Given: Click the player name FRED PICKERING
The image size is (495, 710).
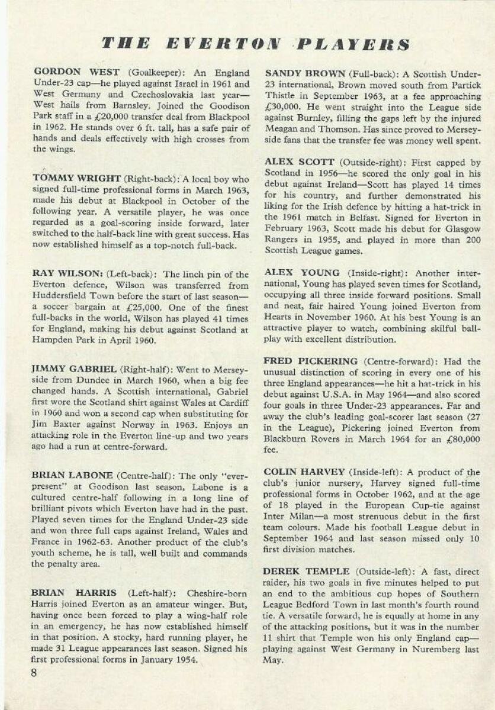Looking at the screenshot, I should pyautogui.click(x=310, y=361).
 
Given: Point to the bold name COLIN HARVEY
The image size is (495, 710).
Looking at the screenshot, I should pyautogui.click(x=304, y=472).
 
